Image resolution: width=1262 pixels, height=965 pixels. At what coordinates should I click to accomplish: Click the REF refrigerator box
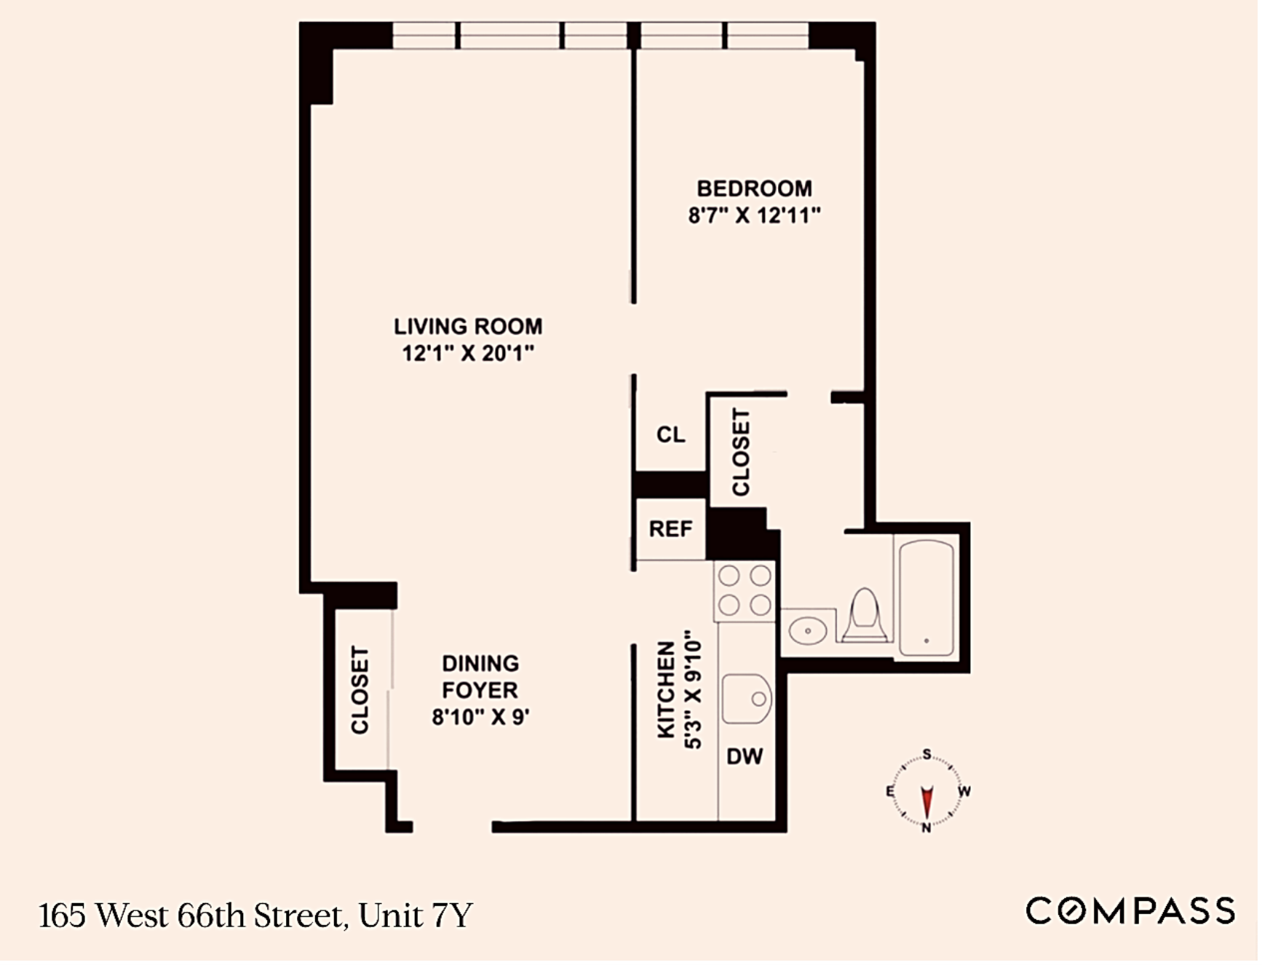pos(672,530)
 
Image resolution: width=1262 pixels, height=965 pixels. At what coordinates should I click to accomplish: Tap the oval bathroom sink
pos(809,632)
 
